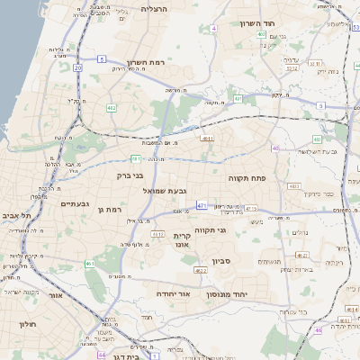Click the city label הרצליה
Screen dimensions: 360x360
tap(155, 8)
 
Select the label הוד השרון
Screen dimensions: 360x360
tap(256, 24)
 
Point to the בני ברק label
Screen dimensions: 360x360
tap(130, 175)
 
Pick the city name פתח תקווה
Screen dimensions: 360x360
tap(244, 178)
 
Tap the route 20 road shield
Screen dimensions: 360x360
tap(78, 67)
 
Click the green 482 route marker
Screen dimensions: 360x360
tap(111, 108)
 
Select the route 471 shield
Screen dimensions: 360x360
tap(202, 206)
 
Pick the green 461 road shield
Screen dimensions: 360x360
tap(90, 264)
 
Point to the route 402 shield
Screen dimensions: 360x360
tap(261, 35)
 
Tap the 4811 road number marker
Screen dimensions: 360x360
tap(207, 139)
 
